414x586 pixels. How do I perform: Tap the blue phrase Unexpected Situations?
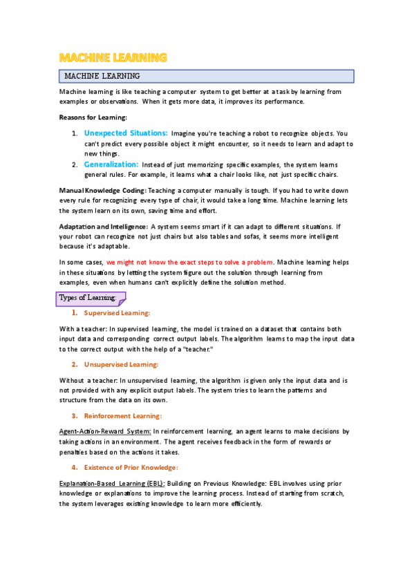click(126, 132)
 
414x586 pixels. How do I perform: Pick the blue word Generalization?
click(111, 165)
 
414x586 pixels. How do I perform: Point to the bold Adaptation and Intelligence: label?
click(103, 226)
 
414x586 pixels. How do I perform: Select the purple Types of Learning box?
click(90, 299)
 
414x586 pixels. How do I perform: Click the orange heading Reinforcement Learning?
click(123, 415)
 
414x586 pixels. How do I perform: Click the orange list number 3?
click(74, 415)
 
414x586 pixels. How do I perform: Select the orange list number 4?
click(74, 468)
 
